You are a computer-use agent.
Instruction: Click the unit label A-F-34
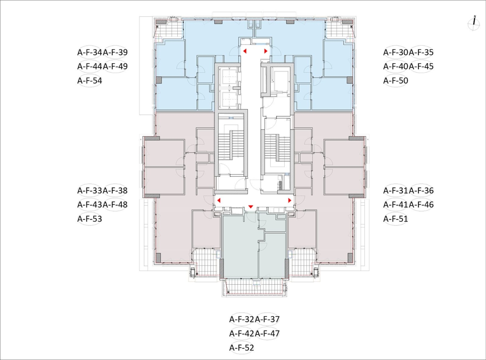90,52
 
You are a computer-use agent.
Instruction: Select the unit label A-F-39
115,52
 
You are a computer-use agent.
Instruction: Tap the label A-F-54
90,81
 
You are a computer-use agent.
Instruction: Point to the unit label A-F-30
396,52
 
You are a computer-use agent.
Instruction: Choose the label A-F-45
421,66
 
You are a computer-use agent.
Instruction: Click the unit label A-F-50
396,81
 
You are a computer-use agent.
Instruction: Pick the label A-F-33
90,191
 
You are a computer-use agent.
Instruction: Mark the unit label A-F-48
115,205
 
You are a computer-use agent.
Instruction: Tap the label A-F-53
90,219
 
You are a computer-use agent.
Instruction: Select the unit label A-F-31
396,191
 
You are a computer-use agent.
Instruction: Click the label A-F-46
421,205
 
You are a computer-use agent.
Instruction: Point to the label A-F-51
396,219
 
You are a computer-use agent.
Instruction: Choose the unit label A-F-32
241,319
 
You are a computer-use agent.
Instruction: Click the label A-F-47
267,334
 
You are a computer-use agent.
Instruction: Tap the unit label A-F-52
241,348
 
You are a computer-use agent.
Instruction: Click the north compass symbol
474,23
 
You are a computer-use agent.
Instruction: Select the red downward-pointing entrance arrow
251,207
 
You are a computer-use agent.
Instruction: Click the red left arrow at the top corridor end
245,51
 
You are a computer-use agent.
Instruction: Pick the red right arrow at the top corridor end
266,51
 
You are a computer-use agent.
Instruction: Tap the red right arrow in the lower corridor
290,200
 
